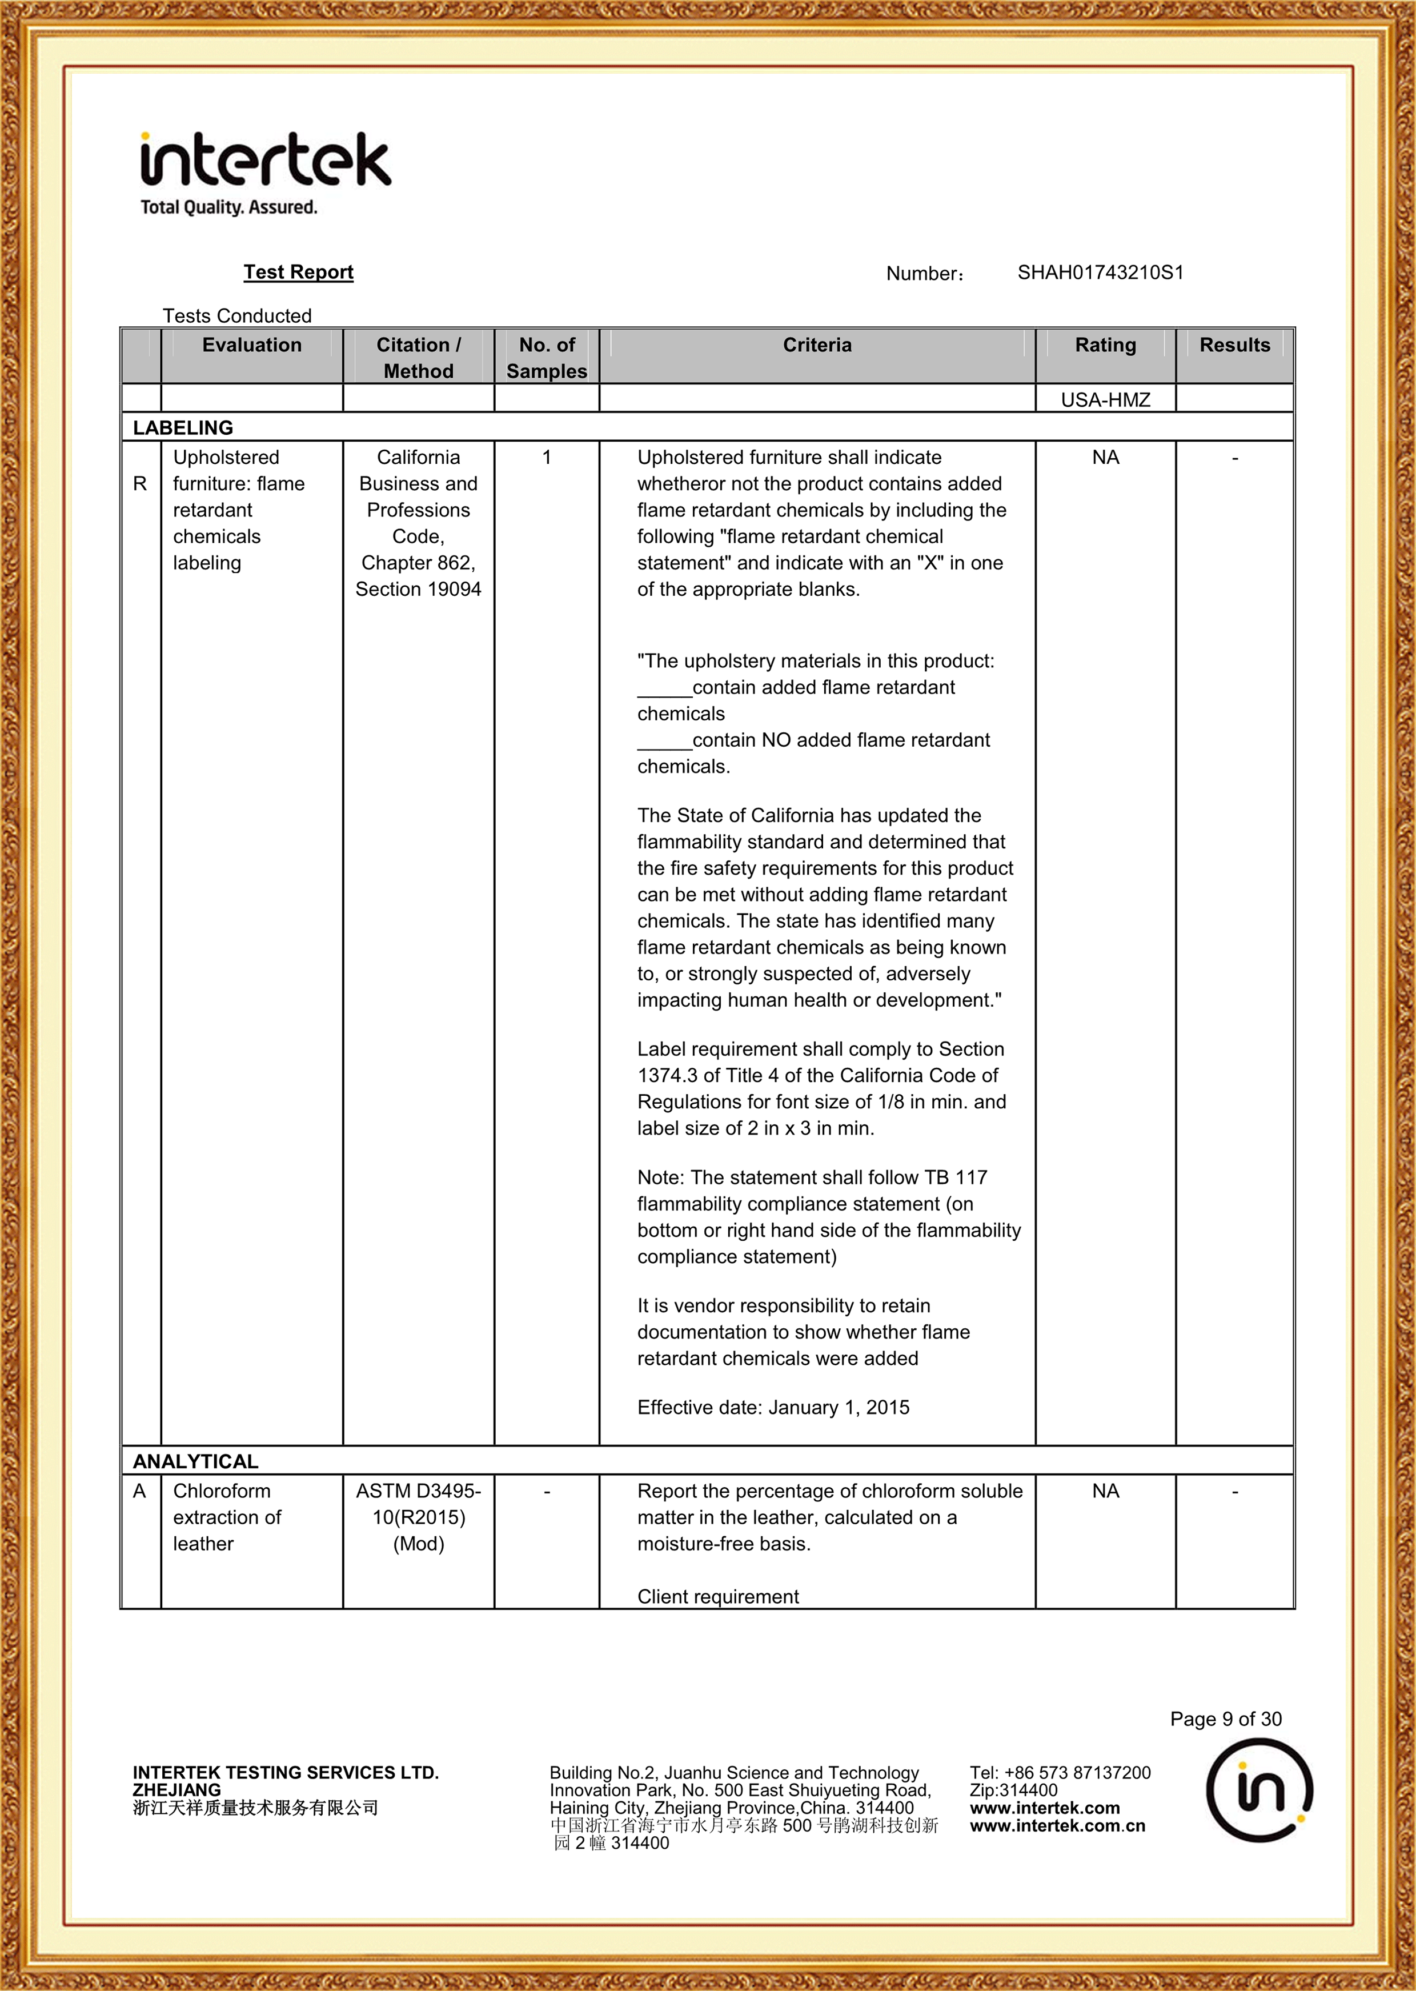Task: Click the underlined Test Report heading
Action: point(298,272)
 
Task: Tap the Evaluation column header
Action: point(251,345)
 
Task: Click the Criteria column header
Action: point(816,345)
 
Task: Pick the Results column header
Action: point(1234,345)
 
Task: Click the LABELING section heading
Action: point(183,427)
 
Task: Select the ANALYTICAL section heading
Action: point(195,1461)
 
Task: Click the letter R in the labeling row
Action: point(139,484)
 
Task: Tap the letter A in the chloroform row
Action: point(139,1491)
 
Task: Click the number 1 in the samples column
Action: point(546,458)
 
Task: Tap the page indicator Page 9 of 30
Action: point(1225,1719)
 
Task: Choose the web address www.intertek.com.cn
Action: point(1057,1825)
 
